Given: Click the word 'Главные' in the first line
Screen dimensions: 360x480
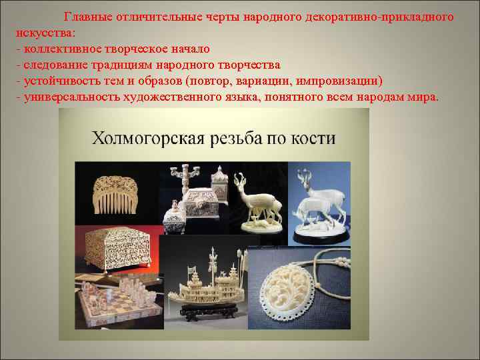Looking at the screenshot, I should tap(87, 16).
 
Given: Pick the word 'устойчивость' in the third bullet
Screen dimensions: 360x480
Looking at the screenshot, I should tap(60, 81).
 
